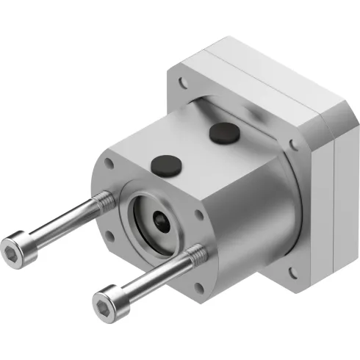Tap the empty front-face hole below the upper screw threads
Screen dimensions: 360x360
pyautogui.click(x=109, y=237)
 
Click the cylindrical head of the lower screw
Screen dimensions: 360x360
pyautogui.click(x=110, y=300)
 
